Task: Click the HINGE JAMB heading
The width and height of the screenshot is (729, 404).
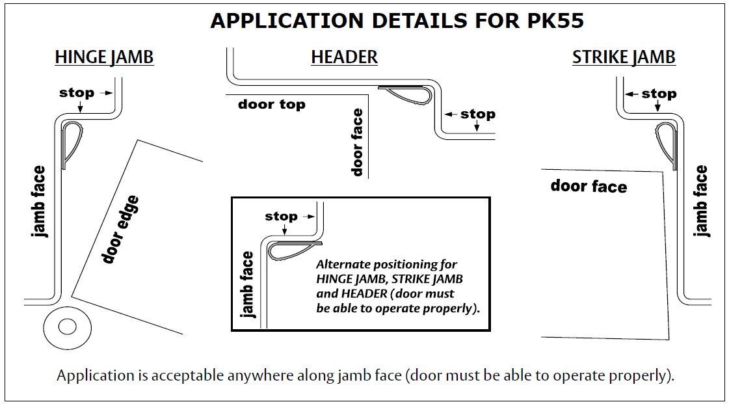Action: pyautogui.click(x=104, y=57)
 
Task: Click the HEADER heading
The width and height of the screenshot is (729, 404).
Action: pyautogui.click(x=344, y=57)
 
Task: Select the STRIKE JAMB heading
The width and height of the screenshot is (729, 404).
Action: pyautogui.click(x=624, y=57)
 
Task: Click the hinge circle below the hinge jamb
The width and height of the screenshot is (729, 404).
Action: pyautogui.click(x=67, y=325)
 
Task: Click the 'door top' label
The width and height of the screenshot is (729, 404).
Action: pyautogui.click(x=271, y=104)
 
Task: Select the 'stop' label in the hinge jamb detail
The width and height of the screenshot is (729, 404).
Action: pyautogui.click(x=77, y=93)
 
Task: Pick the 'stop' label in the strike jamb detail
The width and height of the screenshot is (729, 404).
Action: pyautogui.click(x=659, y=94)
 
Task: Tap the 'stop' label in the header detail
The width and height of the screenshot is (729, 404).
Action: pyautogui.click(x=478, y=114)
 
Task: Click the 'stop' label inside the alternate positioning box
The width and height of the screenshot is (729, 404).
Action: pyautogui.click(x=281, y=216)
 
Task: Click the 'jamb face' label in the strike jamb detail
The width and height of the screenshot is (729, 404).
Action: pyautogui.click(x=701, y=201)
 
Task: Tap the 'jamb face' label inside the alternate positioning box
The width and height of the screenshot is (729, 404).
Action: pyautogui.click(x=247, y=284)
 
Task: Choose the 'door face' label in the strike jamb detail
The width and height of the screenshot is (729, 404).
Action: pyautogui.click(x=589, y=187)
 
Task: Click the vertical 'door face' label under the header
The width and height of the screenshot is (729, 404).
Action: pyautogui.click(x=357, y=142)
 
